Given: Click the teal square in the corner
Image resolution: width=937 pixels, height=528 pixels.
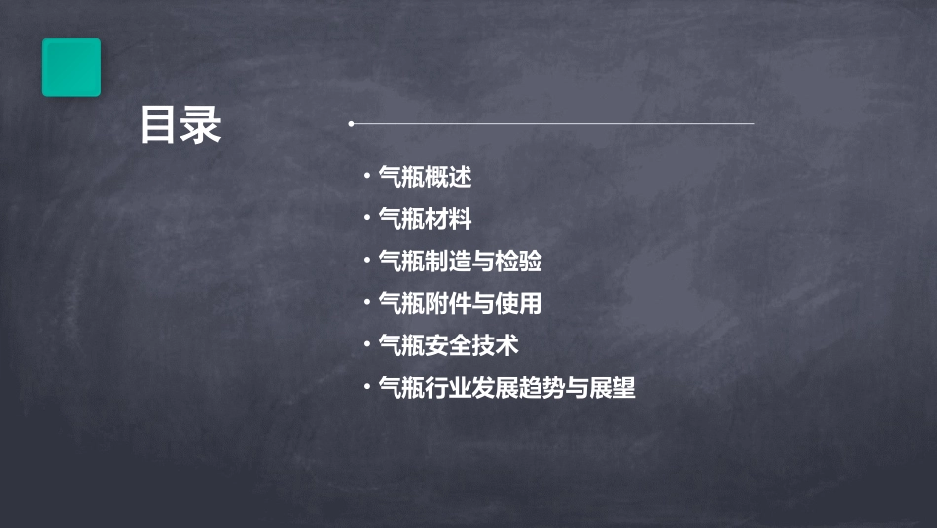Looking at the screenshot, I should click(71, 67).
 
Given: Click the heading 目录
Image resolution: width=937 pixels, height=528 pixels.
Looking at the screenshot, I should click(180, 126).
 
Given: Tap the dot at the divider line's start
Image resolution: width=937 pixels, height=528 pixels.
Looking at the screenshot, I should click(351, 124).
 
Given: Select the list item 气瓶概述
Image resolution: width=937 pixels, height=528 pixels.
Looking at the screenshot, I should click(425, 178).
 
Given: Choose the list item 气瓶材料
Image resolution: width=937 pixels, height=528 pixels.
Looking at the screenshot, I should click(425, 219).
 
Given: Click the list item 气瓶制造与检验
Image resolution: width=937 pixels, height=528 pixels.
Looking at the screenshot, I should click(460, 262).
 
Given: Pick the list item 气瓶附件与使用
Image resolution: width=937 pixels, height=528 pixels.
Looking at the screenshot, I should click(460, 303).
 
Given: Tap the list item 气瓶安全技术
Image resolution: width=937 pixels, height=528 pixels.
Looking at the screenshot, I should click(448, 345).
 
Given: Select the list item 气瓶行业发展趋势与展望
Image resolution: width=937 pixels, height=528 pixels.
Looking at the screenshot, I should click(507, 388).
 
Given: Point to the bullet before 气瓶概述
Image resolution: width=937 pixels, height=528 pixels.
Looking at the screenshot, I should click(367, 178).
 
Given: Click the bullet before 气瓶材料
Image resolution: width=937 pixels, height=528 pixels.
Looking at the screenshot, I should click(367, 219).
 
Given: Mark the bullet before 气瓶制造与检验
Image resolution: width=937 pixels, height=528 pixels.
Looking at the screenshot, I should click(367, 262).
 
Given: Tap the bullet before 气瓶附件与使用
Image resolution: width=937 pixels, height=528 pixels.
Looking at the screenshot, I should click(367, 303).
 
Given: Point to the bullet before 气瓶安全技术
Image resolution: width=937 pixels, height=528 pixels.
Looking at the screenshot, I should click(367, 345).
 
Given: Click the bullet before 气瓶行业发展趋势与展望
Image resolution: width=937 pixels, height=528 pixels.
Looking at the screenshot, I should click(367, 388).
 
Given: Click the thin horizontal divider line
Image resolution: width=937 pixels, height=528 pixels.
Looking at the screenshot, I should click(552, 124).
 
